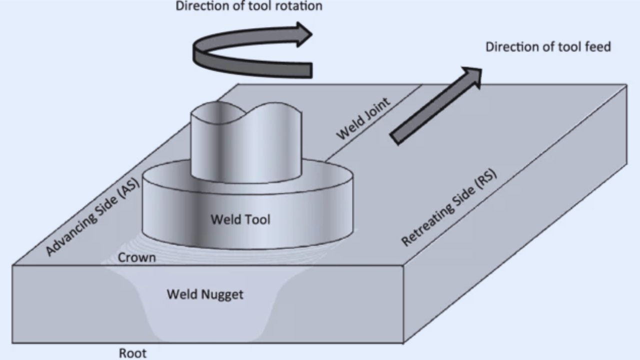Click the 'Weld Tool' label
[240, 219]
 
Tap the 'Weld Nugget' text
[205, 294]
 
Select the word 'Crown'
[136, 258]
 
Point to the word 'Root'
[132, 353]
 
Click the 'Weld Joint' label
[363, 119]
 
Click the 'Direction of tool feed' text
[548, 47]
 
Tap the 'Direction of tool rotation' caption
[248, 6]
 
